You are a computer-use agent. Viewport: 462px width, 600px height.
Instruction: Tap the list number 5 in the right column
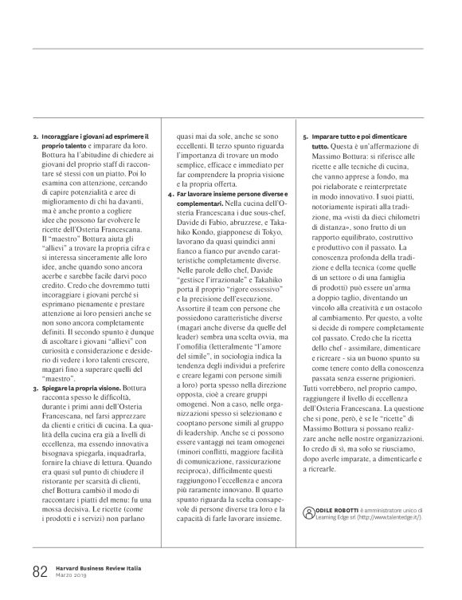306,137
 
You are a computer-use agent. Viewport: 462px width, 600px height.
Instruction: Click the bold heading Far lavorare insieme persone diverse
229,195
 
